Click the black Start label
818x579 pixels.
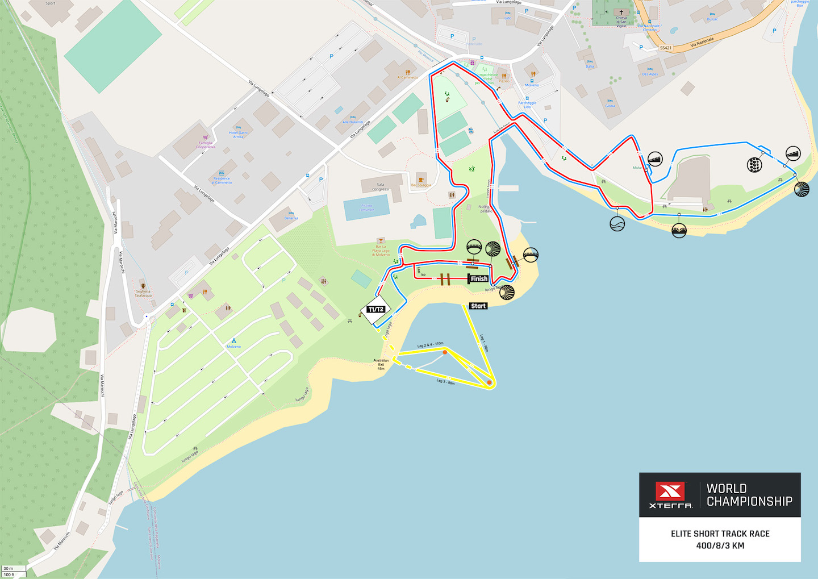point(478,306)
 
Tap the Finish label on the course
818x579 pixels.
point(478,278)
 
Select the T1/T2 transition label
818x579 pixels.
point(375,310)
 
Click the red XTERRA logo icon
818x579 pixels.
point(670,491)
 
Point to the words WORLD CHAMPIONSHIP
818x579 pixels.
point(749,495)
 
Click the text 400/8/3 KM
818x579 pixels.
point(720,545)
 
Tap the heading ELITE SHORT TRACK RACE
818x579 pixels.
point(720,534)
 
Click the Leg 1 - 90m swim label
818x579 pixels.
point(484,343)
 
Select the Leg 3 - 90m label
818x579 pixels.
point(445,381)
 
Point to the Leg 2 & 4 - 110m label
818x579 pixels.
point(430,344)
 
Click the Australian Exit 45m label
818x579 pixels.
point(381,364)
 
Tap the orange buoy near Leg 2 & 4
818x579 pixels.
point(445,352)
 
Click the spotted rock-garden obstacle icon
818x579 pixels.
point(754,165)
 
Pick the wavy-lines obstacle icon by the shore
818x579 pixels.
point(617,224)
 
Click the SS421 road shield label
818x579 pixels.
point(666,48)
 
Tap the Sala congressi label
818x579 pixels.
point(380,186)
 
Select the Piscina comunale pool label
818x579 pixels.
point(366,207)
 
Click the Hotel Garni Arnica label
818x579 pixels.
point(238,134)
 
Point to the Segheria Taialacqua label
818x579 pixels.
point(143,293)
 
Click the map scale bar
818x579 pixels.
point(14,571)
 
